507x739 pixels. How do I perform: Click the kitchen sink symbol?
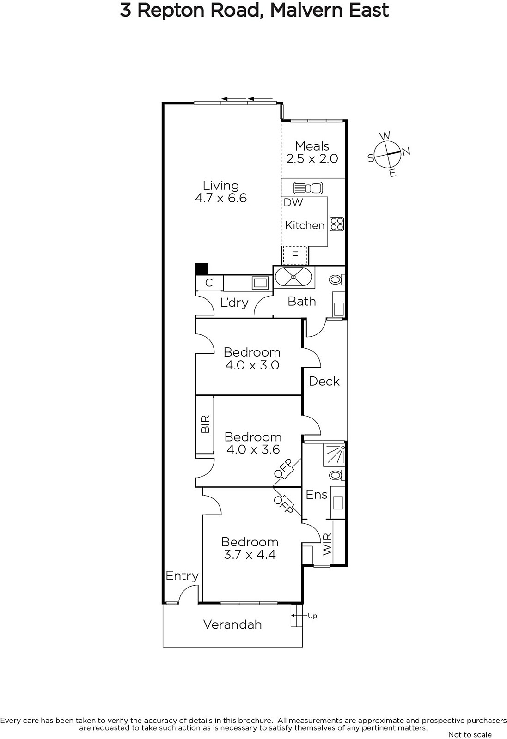click(x=308, y=188)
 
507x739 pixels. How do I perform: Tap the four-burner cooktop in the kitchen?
click(x=336, y=224)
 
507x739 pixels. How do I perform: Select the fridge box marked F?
click(x=295, y=255)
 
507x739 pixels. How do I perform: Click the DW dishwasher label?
click(x=293, y=202)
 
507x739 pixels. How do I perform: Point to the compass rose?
click(x=389, y=154)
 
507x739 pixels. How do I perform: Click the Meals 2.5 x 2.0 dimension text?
click(x=312, y=159)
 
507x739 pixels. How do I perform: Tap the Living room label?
click(x=221, y=185)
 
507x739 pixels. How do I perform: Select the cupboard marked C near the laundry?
click(x=209, y=283)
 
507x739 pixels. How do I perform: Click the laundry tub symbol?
click(x=260, y=282)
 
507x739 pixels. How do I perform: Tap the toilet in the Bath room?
click(x=337, y=280)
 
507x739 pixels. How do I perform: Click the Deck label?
click(x=324, y=382)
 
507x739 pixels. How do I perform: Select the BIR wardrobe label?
click(x=205, y=424)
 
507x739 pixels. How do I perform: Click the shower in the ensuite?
click(x=334, y=454)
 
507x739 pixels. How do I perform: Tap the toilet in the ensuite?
click(x=337, y=475)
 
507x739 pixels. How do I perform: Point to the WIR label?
click(x=327, y=545)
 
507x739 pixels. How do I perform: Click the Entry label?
click(x=182, y=576)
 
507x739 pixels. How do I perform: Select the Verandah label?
click(x=232, y=624)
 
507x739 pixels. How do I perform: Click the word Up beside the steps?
click(x=312, y=616)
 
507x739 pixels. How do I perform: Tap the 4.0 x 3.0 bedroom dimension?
click(x=252, y=365)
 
